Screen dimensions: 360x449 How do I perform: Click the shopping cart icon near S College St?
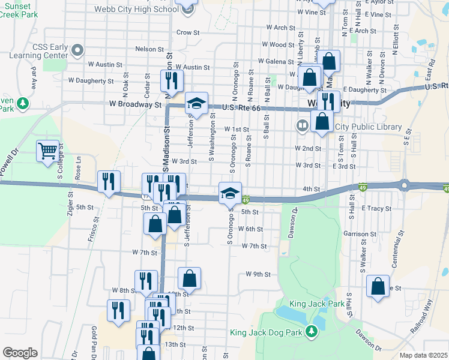tap(47, 151)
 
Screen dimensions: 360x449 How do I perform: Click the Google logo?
tap(20, 353)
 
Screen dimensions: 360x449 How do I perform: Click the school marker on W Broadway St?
tap(196, 103)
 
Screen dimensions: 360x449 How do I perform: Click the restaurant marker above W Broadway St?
tap(172, 80)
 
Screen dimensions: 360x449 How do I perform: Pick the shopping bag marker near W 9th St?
tap(189, 278)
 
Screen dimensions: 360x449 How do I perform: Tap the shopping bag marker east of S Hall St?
tap(378, 286)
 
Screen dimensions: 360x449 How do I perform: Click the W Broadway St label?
tap(136, 104)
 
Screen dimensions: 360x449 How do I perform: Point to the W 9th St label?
tap(258, 274)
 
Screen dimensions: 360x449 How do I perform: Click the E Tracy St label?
tap(377, 209)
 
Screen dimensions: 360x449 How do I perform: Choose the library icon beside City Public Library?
tap(302, 126)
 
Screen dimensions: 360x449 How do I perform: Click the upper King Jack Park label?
tap(317, 304)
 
